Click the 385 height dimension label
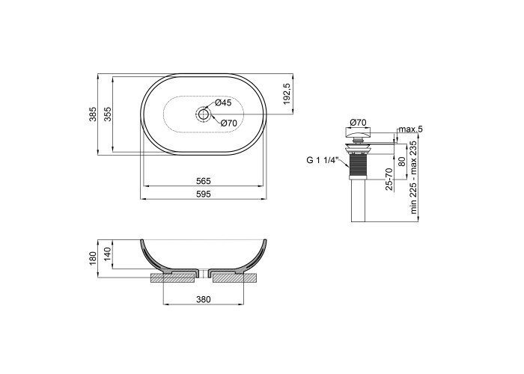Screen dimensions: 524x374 tap(93, 114)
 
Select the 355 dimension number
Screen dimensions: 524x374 tap(108, 114)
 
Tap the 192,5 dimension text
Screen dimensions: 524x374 tap(287, 93)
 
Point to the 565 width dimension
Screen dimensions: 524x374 tap(204, 181)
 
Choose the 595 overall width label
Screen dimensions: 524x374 tap(204, 194)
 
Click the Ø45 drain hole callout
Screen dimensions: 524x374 tap(223, 102)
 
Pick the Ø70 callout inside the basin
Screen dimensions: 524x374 tap(228, 123)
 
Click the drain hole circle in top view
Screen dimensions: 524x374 tap(203, 114)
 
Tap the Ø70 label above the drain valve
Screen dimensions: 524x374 tap(358, 123)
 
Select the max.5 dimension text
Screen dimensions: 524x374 tap(411, 129)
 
